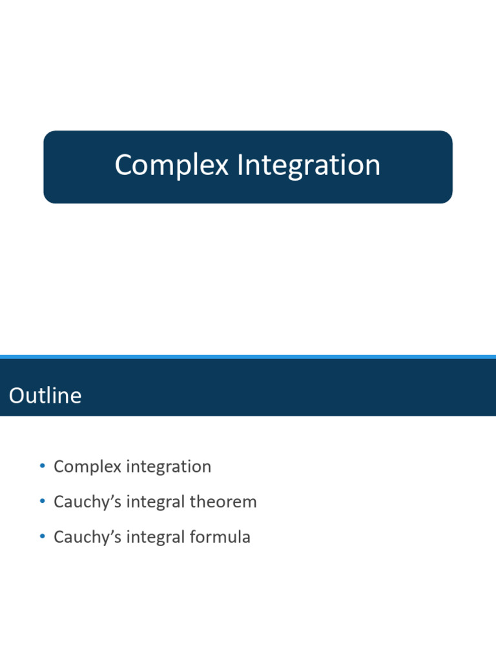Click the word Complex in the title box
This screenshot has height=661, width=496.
(171, 165)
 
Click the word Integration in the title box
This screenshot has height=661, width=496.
(309, 165)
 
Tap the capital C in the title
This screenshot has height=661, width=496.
(123, 165)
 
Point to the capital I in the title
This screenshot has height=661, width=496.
(240, 165)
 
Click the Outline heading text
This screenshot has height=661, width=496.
(45, 396)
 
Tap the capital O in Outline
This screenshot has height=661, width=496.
(16, 396)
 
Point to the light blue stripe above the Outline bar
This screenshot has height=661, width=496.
(248, 356)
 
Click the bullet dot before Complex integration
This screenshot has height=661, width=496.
(42, 466)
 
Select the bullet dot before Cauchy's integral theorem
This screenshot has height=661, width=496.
(42, 502)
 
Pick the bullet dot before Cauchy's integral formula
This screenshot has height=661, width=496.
(42, 537)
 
